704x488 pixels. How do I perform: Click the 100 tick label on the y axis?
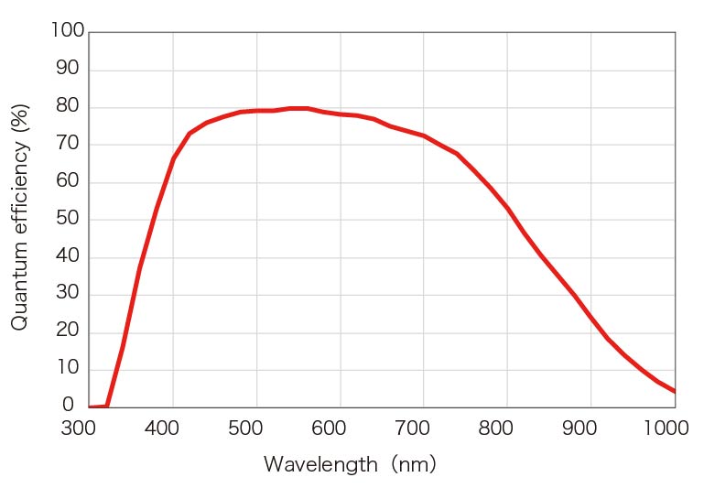tap(67, 32)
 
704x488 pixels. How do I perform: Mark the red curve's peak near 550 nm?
tap(298, 108)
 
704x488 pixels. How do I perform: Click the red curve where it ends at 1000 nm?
tap(675, 392)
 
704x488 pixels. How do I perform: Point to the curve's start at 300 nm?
tap(90, 407)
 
